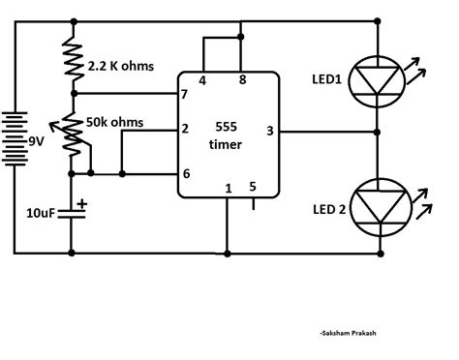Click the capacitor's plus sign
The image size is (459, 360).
pos(83,204)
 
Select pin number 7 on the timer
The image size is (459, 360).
pos(184,94)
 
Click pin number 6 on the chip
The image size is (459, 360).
pos(184,173)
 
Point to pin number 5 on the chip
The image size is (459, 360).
pos(253,187)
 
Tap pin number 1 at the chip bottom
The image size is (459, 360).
pos(227,189)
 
